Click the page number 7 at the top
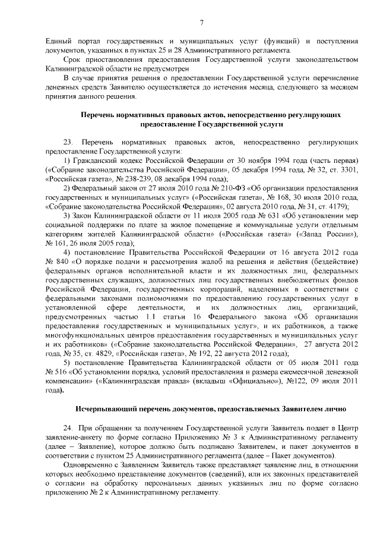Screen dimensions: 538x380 (x=201, y=23)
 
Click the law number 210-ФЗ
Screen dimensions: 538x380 (x=196, y=188)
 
